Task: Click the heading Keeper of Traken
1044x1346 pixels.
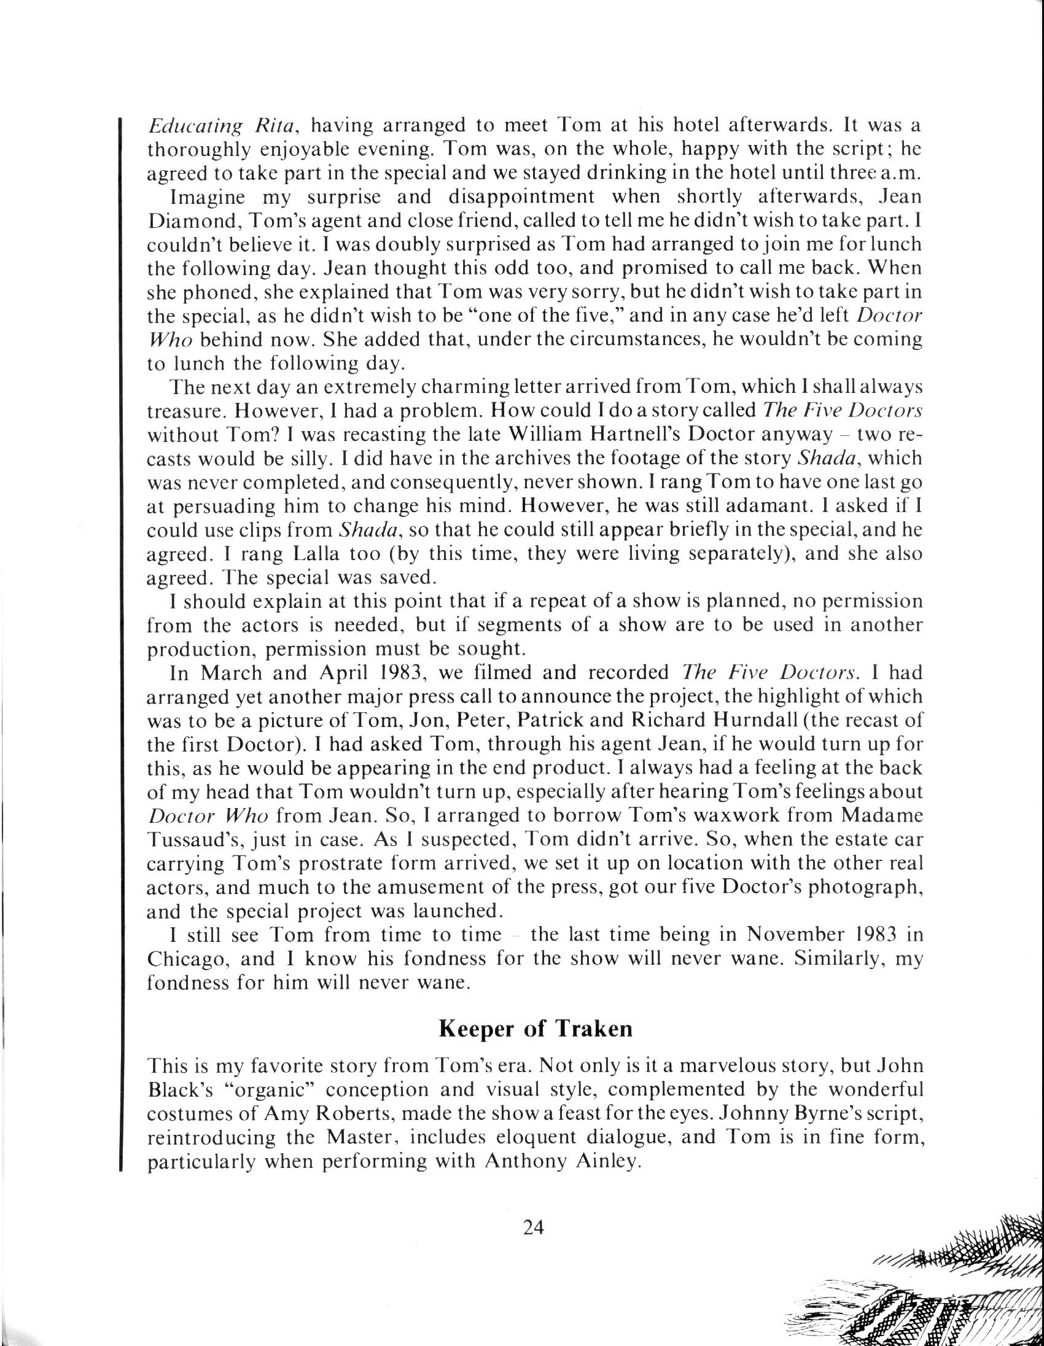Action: [x=535, y=1029]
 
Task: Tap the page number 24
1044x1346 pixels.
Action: [x=533, y=1227]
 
